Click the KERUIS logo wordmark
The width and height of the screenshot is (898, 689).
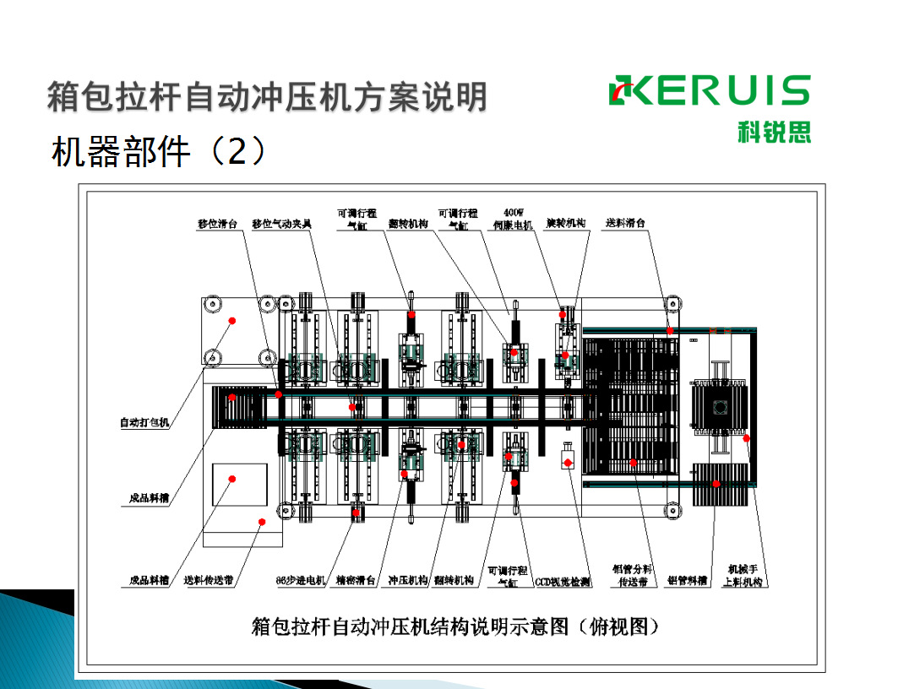tap(710, 91)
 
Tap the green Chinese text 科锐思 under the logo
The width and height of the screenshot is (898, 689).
tap(774, 133)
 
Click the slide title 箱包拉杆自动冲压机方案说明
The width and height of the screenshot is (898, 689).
tap(267, 96)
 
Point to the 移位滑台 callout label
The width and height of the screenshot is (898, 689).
tap(218, 225)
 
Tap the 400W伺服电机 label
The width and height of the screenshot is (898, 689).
tap(514, 219)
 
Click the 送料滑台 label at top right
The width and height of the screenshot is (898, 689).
tap(626, 224)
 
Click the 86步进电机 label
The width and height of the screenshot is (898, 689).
tap(301, 580)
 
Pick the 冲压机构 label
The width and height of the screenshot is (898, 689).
tap(406, 580)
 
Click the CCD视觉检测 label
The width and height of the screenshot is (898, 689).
tap(563, 582)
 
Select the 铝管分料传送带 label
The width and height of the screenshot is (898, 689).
tap(631, 574)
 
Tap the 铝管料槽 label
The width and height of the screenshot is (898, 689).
tap(688, 580)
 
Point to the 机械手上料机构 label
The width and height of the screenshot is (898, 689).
tap(743, 574)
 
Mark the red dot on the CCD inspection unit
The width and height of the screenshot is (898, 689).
tap(569, 461)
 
